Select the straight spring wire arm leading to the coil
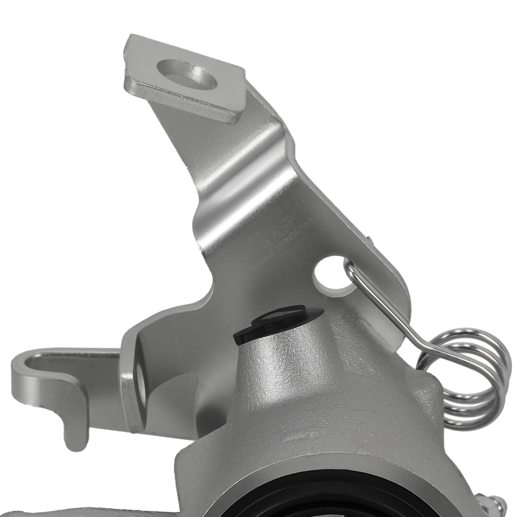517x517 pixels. pos(393,315)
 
